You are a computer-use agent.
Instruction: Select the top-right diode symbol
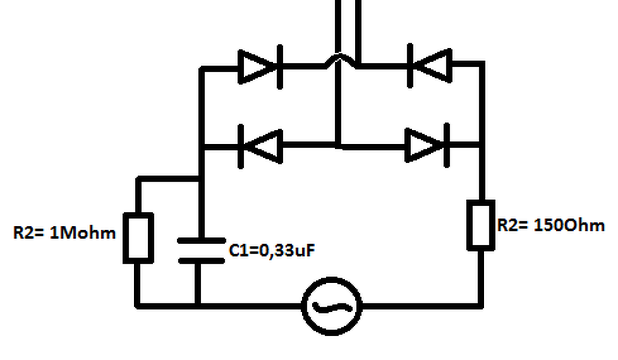pyautogui.click(x=430, y=65)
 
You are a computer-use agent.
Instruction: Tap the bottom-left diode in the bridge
pyautogui.click(x=261, y=145)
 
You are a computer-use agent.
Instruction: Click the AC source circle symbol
pyautogui.click(x=332, y=306)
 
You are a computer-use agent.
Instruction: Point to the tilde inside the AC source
pyautogui.click(x=332, y=306)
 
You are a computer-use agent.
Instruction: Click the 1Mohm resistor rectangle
pyautogui.click(x=139, y=238)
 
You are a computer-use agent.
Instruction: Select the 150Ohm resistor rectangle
pyautogui.click(x=481, y=225)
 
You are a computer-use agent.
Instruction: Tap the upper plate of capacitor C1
pyautogui.click(x=201, y=240)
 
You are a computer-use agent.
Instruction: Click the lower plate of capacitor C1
pyautogui.click(x=201, y=261)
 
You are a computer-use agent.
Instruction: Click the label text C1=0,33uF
pyautogui.click(x=272, y=250)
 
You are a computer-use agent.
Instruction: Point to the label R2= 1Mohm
pyautogui.click(x=64, y=233)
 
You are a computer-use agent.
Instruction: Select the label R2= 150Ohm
pyautogui.click(x=550, y=225)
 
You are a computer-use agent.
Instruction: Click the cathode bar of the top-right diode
pyautogui.click(x=410, y=65)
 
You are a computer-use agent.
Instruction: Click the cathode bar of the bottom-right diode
pyautogui.click(x=446, y=145)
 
